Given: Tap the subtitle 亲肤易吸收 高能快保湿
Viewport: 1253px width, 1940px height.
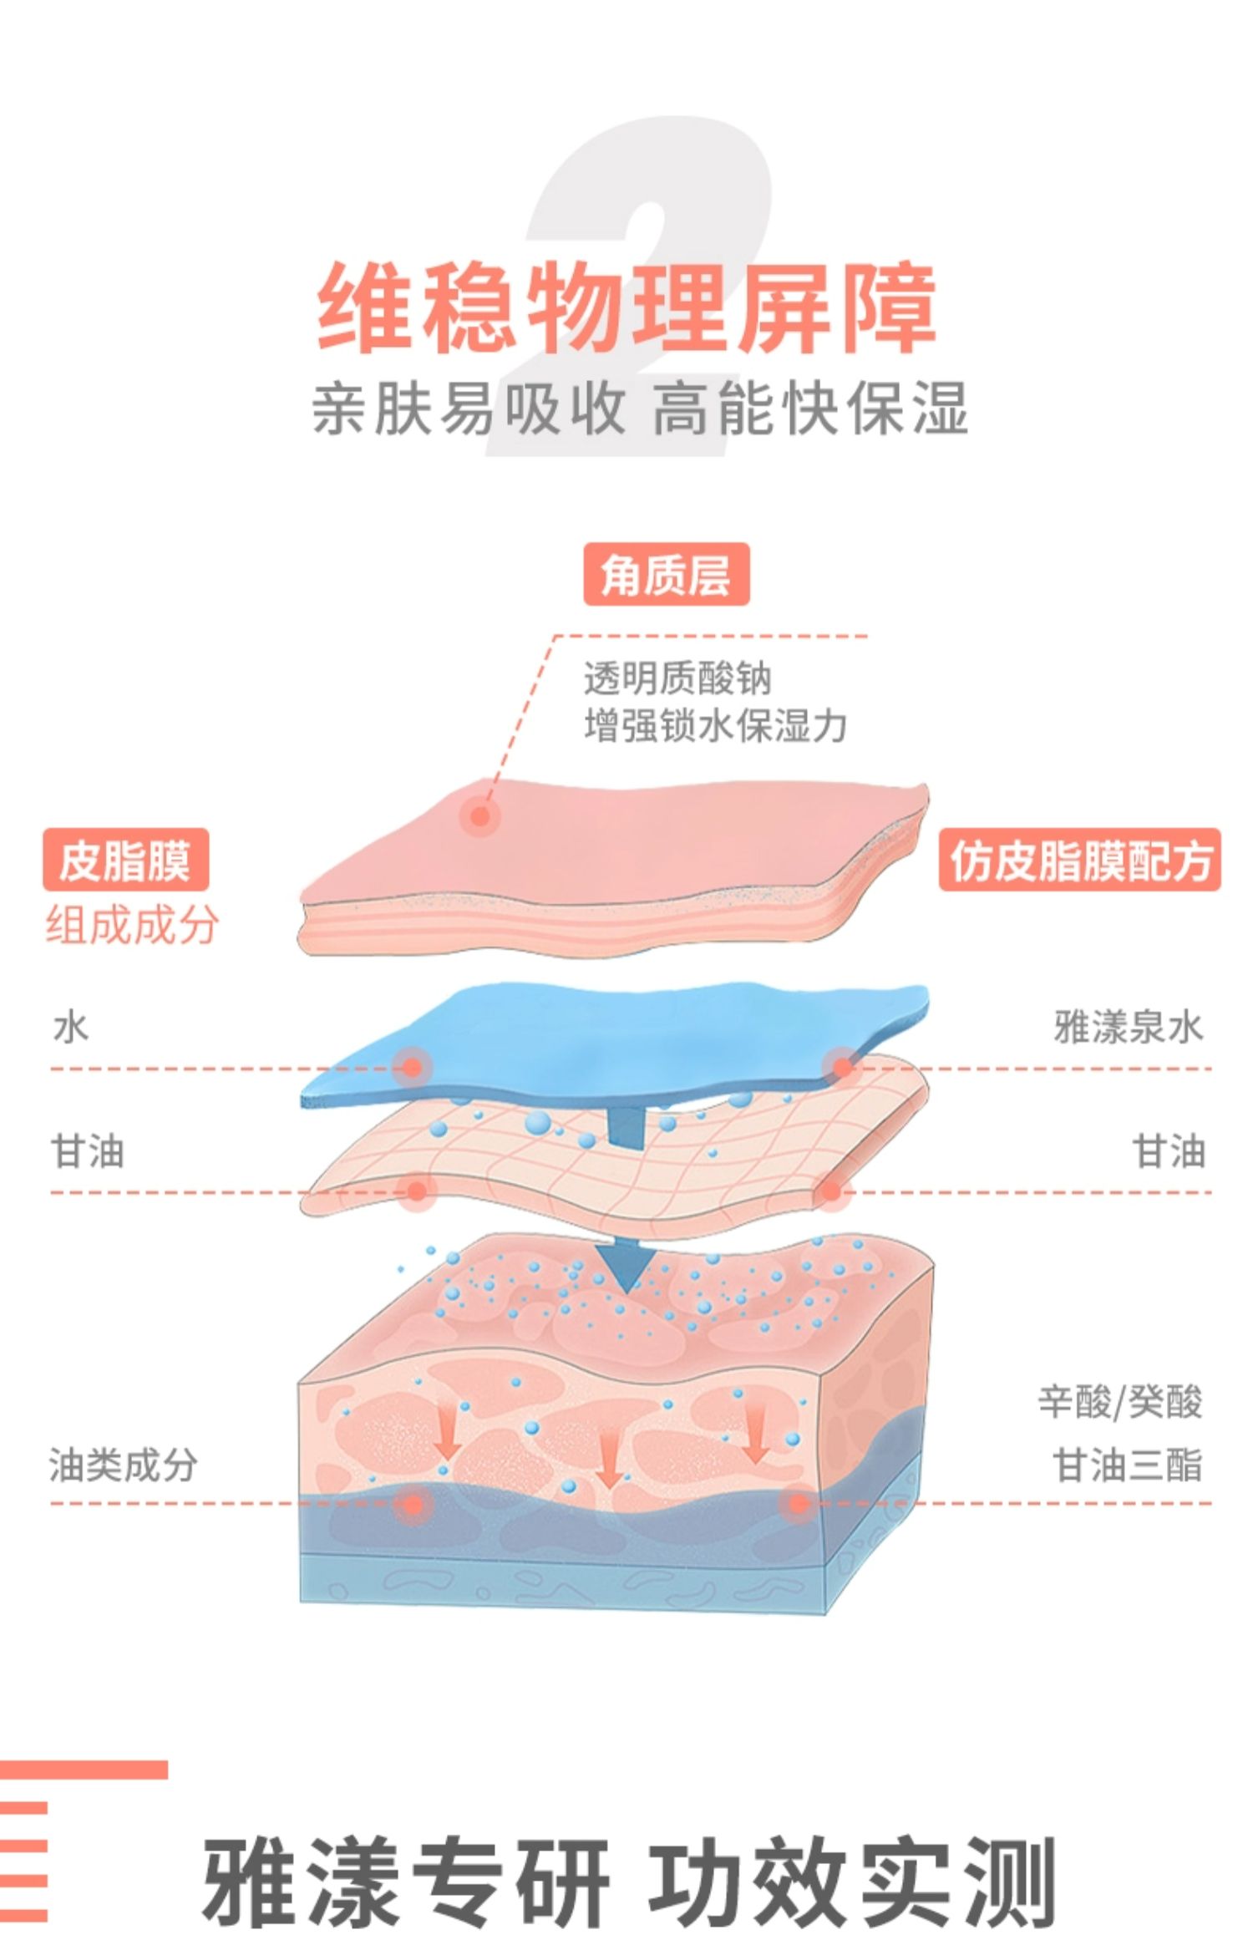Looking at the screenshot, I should click(x=639, y=409).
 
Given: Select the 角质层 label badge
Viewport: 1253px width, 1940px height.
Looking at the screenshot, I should click(x=666, y=575).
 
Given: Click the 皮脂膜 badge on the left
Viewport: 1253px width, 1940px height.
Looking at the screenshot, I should click(x=125, y=860).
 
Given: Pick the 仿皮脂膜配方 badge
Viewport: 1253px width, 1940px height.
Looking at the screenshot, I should click(x=1079, y=860).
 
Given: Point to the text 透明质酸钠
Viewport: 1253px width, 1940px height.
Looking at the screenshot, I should click(x=677, y=678).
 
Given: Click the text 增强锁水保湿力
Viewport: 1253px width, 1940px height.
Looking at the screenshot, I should click(x=715, y=725).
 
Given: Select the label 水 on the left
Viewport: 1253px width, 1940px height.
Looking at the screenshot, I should click(x=70, y=1028).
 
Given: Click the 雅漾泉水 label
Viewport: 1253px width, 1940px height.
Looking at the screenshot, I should click(x=1128, y=1028).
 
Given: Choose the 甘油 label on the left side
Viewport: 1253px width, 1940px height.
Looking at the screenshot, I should click(x=88, y=1151).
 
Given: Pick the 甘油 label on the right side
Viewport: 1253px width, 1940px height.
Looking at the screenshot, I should click(x=1169, y=1151).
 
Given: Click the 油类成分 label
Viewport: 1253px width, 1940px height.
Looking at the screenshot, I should click(x=123, y=1465).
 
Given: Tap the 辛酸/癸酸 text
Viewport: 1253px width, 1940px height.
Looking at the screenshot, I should click(x=1120, y=1401).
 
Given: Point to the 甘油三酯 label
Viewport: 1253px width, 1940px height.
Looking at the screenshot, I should click(x=1128, y=1465).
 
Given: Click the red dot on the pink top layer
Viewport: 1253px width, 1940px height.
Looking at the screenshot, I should click(x=479, y=815).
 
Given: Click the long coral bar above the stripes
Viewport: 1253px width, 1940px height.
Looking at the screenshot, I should click(x=84, y=1769).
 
